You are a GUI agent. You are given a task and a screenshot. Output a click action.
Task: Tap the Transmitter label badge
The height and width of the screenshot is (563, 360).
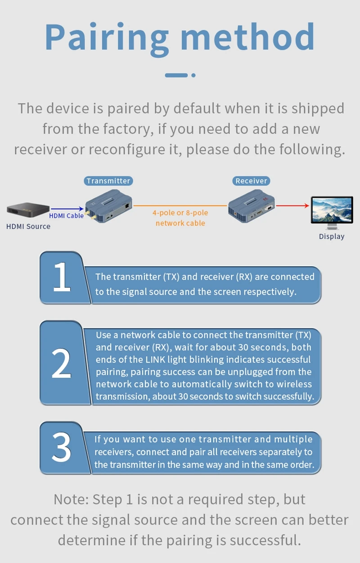108,181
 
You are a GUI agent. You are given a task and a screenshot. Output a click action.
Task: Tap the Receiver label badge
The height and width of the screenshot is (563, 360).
251,181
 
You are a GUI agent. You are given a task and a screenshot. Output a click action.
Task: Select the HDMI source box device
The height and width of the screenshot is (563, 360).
28,210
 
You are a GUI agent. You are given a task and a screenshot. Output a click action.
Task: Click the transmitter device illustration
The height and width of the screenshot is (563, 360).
108,206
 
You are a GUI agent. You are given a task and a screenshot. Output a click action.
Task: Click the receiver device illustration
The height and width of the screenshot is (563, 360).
251,206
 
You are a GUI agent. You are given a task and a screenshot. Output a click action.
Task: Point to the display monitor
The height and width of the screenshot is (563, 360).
332,213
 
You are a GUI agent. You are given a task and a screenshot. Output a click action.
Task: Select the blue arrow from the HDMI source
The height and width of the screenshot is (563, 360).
67,209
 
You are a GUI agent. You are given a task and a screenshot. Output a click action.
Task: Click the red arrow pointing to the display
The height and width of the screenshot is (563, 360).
292,206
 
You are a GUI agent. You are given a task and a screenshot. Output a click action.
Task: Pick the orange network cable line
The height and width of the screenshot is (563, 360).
180,206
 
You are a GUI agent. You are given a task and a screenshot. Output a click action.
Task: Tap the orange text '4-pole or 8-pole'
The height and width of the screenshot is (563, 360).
180,213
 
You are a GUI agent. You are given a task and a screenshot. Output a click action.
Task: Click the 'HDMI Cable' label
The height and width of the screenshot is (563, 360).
67,216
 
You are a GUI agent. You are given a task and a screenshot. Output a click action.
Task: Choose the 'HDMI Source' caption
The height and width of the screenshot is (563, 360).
28,227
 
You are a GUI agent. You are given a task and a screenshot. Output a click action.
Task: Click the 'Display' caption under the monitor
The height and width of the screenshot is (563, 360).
332,237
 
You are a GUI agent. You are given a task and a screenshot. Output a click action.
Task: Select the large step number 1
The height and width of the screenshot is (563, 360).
62,277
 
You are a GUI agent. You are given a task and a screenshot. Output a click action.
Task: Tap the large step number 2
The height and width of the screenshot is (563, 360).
61,363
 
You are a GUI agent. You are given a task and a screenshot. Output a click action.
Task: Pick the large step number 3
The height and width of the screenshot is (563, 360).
61,447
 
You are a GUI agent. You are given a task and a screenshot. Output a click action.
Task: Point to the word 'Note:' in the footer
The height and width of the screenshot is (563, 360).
71,500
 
